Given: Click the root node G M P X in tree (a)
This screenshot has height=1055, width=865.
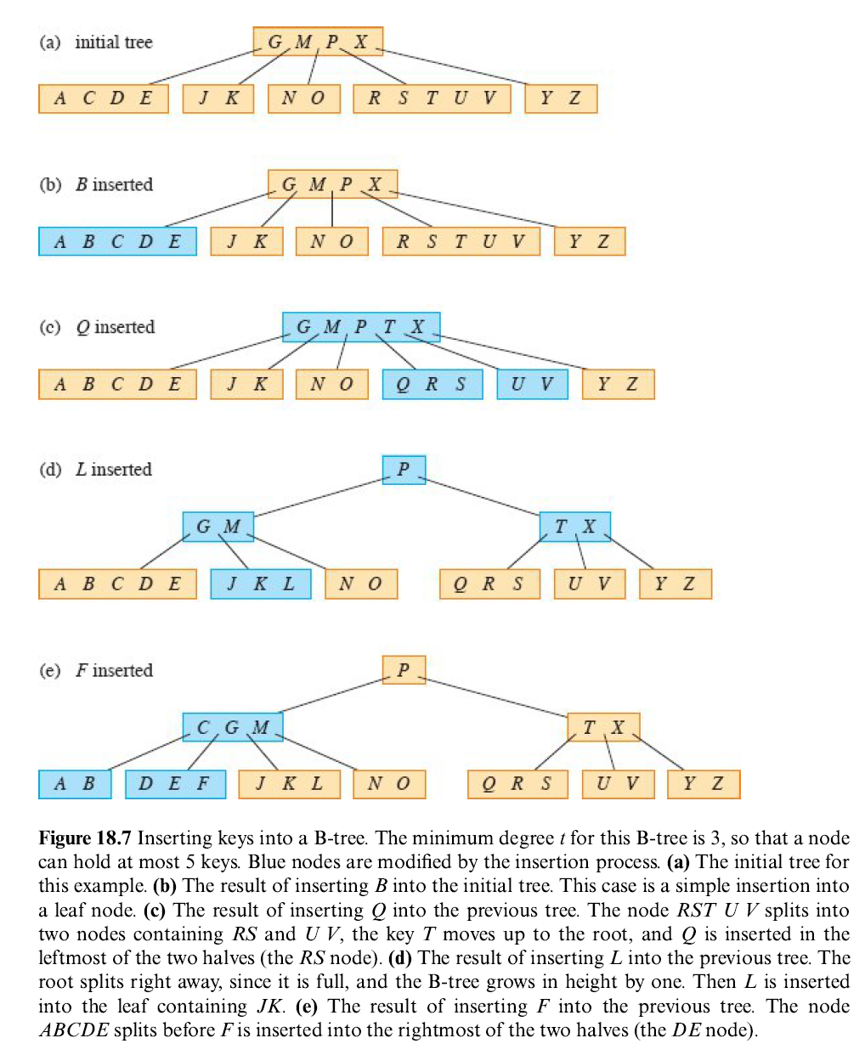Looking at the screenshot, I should click(x=318, y=42).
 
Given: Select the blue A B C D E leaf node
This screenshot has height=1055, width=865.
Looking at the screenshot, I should click(x=117, y=241).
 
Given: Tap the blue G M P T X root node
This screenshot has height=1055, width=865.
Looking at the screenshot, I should click(x=361, y=327).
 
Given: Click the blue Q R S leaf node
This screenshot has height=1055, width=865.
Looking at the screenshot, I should click(x=432, y=384).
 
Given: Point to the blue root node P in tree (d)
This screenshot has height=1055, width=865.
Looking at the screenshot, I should click(x=404, y=469).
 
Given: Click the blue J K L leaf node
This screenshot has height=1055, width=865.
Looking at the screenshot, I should click(x=261, y=584).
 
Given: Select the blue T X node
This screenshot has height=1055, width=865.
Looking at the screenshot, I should click(x=575, y=527).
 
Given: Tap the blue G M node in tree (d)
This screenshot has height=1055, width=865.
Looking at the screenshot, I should click(x=218, y=527).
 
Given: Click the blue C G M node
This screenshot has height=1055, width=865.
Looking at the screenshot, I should click(x=233, y=727).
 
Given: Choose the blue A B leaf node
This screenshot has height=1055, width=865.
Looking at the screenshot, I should click(x=75, y=784).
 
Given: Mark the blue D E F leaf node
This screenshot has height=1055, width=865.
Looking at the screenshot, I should click(x=175, y=784).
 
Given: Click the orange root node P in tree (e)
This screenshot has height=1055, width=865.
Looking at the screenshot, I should click(x=404, y=669).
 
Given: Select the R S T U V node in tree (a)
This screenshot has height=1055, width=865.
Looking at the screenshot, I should click(x=432, y=99).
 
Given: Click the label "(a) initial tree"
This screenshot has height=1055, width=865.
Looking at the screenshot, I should click(x=96, y=42).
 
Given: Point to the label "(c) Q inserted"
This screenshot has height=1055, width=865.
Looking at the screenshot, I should click(x=97, y=327).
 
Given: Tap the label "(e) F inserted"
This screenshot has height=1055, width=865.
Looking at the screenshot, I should click(x=96, y=670).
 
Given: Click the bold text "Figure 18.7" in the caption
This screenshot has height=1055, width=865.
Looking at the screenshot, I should click(x=85, y=838).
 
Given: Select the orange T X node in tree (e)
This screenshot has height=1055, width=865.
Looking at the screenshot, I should click(x=603, y=727).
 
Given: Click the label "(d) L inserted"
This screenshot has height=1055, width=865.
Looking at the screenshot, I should click(x=96, y=470).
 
